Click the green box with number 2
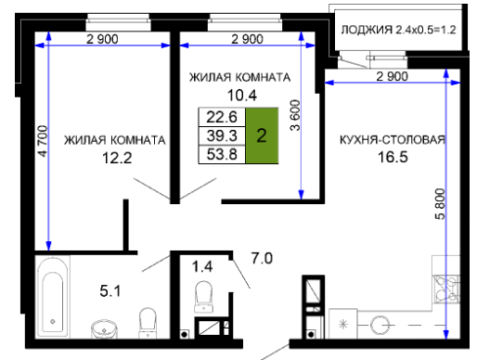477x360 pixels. tap(262, 135)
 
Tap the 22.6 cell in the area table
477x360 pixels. tap(222, 117)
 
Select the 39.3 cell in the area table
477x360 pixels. tap(222, 135)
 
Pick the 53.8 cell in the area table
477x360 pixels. tap(222, 154)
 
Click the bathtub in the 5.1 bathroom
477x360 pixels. tap(53, 297)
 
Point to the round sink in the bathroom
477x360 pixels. tap(104, 329)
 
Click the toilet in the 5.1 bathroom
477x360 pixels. tap(148, 323)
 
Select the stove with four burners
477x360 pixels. tap(446, 289)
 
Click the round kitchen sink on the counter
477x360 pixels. tap(380, 325)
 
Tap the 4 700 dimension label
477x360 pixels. tap(43, 141)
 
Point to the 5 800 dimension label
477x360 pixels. tap(440, 204)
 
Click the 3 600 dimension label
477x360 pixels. tap(295, 115)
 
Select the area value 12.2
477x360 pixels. tap(117, 158)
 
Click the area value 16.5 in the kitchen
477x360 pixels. tap(393, 157)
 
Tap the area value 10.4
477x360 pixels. tap(242, 96)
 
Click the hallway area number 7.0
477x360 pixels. tap(262, 259)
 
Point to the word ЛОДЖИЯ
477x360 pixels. tap(367, 30)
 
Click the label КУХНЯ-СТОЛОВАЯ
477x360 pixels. tap(393, 140)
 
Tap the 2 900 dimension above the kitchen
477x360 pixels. tap(393, 76)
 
